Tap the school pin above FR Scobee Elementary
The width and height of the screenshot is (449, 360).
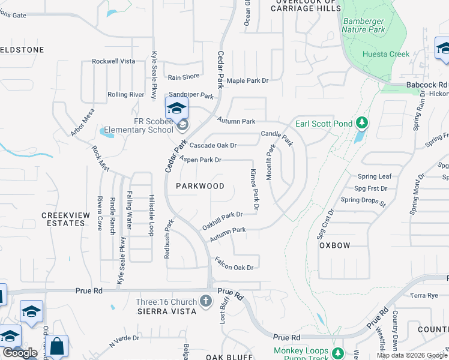177,109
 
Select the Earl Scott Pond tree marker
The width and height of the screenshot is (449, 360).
361,123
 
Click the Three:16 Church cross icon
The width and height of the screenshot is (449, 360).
206,301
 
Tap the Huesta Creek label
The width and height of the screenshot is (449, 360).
386,54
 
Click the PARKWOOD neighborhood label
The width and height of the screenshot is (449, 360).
200,186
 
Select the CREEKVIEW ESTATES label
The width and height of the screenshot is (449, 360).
63,219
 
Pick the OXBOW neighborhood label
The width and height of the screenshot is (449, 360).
334,245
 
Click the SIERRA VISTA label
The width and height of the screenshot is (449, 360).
167,311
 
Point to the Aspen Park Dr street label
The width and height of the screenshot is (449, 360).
200,160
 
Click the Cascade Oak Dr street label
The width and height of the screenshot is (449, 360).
213,145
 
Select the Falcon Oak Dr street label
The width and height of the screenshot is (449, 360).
234,263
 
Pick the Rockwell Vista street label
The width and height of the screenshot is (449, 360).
113,61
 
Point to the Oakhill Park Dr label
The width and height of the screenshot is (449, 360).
222,220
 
